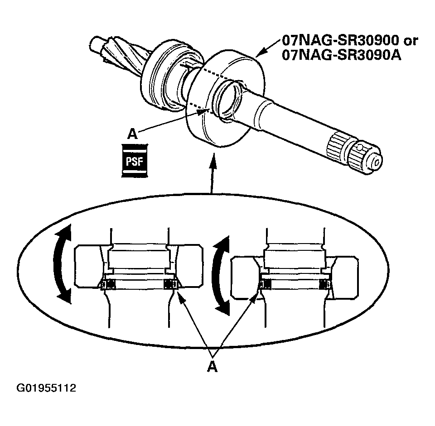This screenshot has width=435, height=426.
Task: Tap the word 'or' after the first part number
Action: click(x=410, y=40)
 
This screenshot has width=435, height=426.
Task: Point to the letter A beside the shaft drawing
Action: click(x=132, y=134)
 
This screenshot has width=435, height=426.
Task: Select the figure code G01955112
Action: click(x=47, y=388)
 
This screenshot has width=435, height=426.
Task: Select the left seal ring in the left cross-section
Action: click(x=108, y=284)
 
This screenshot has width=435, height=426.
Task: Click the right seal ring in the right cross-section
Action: click(x=324, y=284)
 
